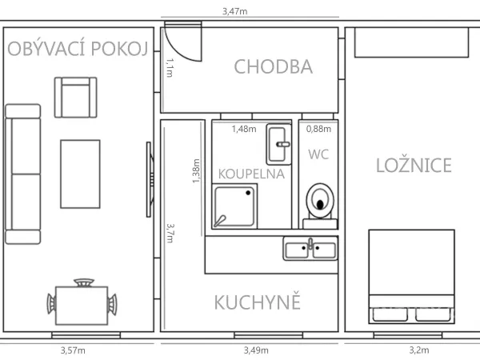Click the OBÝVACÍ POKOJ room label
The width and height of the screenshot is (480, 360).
tap(78, 48)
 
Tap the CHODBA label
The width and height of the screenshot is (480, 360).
tap(274, 66)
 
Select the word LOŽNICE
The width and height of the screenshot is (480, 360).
tap(414, 166)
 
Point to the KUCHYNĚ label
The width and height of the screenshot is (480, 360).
tap(258, 302)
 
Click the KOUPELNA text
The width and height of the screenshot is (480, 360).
tap(251, 174)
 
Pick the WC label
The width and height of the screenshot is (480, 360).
tap(318, 154)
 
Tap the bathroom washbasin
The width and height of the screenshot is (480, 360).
tap(278, 144)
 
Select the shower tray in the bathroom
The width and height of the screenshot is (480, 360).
tap(234, 206)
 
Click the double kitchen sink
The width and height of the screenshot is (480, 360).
tap(310, 248)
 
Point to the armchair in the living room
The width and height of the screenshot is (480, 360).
tap(76, 98)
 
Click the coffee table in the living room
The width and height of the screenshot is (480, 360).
tap(80, 174)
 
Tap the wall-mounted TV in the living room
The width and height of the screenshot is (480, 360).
tap(150, 180)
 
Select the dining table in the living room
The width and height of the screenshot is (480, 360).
tap(82, 306)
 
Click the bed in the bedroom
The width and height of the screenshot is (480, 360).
tap(412, 277)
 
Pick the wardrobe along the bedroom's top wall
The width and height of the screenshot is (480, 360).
tap(412, 42)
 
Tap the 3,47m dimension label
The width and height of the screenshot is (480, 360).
tap(234, 11)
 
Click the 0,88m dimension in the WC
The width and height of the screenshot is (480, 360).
tap(318, 129)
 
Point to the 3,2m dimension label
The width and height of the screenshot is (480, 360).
tap(419, 350)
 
